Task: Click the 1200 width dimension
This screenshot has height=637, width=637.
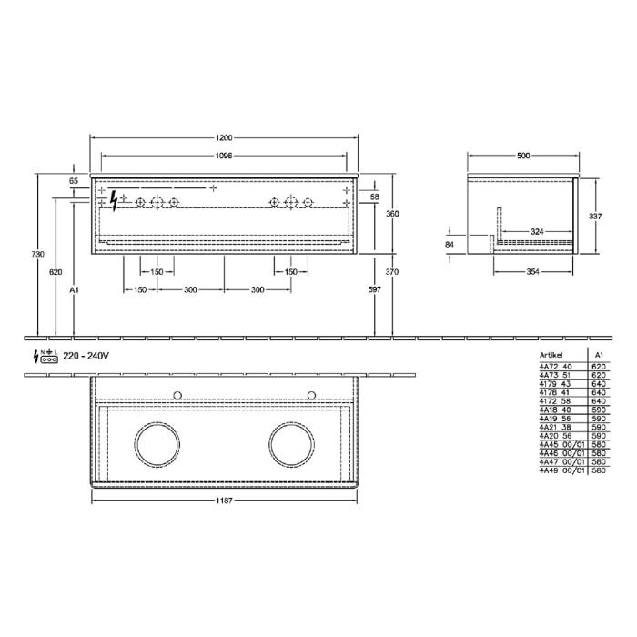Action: [x=224, y=138]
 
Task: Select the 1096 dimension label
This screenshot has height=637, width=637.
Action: [x=224, y=156]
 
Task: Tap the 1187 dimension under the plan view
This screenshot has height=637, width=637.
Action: [x=224, y=500]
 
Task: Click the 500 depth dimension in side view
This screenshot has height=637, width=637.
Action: [x=522, y=156]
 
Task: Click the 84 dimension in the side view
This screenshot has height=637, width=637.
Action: [x=450, y=245]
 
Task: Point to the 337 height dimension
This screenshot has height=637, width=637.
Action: [x=595, y=217]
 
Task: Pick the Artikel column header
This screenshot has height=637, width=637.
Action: [x=551, y=357]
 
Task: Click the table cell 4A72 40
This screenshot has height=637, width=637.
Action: [x=553, y=367]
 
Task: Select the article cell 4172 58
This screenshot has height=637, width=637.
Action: [x=553, y=401]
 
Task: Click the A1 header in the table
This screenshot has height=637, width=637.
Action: [x=598, y=357]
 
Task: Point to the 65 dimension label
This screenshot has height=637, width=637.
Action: [x=74, y=181]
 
